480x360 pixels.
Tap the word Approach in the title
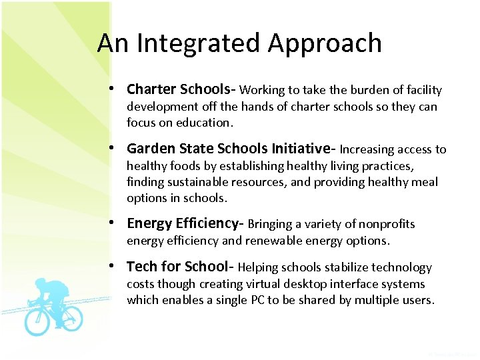pyautogui.click(x=325, y=44)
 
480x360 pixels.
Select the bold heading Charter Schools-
pyautogui.click(x=181, y=89)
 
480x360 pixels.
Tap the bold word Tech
pyautogui.click(x=141, y=267)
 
